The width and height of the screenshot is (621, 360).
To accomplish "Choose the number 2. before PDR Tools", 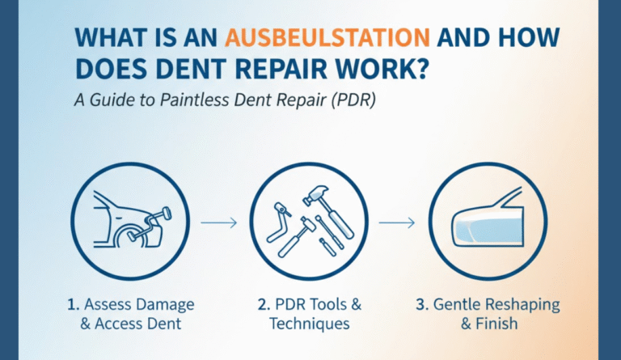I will (264, 306).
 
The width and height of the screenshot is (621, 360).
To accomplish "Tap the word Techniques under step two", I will (311, 324).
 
